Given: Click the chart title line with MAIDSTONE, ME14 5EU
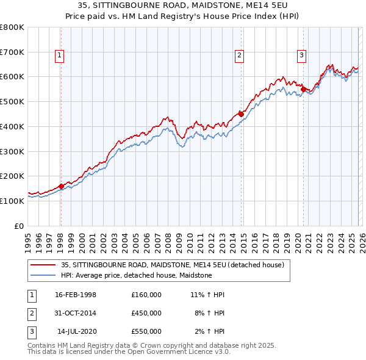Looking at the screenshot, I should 183,5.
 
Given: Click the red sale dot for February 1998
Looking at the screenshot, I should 61,186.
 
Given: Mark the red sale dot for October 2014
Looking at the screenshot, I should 241,114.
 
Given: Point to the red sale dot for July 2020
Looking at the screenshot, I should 303,90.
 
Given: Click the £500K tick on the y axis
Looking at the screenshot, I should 13,101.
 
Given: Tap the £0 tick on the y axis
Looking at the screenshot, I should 20,226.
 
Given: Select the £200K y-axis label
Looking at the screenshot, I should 13,176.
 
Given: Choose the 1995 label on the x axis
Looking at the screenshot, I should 28,238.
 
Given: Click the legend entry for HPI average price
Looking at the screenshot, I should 136,275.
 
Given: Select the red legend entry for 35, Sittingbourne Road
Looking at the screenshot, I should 172,265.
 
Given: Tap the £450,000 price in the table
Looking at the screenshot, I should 146,313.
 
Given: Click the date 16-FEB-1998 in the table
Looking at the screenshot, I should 76,295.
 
